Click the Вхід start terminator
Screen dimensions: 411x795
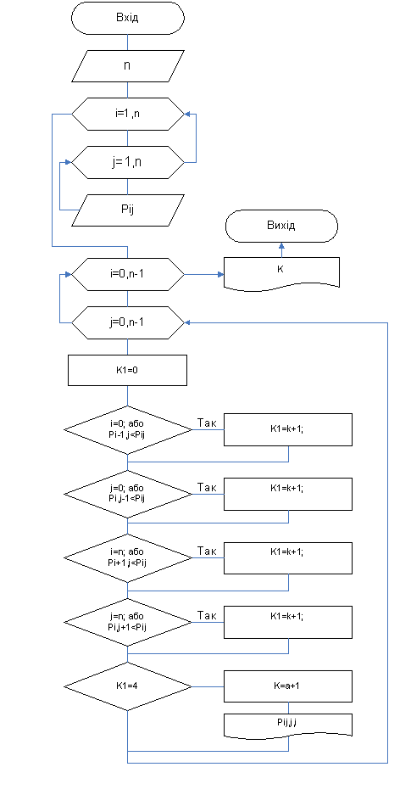pyautogui.click(x=128, y=18)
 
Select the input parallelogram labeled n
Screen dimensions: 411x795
pyautogui.click(x=128, y=66)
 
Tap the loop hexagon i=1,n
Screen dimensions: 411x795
pyautogui.click(x=128, y=114)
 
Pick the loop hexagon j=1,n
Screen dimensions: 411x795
pyautogui.click(x=128, y=162)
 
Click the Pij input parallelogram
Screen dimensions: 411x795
pyautogui.click(x=128, y=210)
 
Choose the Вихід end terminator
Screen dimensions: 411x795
pyautogui.click(x=281, y=227)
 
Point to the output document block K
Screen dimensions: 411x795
pyautogui.click(x=281, y=274)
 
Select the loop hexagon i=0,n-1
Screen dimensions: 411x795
pyautogui.click(x=128, y=274)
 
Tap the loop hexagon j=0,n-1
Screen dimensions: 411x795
pyautogui.click(x=128, y=322)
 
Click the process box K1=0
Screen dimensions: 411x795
pyautogui.click(x=128, y=370)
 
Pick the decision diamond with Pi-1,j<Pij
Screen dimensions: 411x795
pyautogui.click(x=128, y=429)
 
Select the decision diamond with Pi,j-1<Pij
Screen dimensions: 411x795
pyautogui.click(x=128, y=493)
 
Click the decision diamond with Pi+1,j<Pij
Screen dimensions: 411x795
pyautogui.click(x=128, y=557)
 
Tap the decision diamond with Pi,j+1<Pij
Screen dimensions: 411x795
pyautogui.click(x=128, y=622)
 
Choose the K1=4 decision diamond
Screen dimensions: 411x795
pyautogui.click(x=128, y=686)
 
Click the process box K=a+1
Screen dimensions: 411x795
pyautogui.click(x=288, y=686)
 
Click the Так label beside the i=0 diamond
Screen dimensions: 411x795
pyautogui.click(x=207, y=423)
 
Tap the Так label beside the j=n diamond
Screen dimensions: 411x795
pyautogui.click(x=207, y=615)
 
